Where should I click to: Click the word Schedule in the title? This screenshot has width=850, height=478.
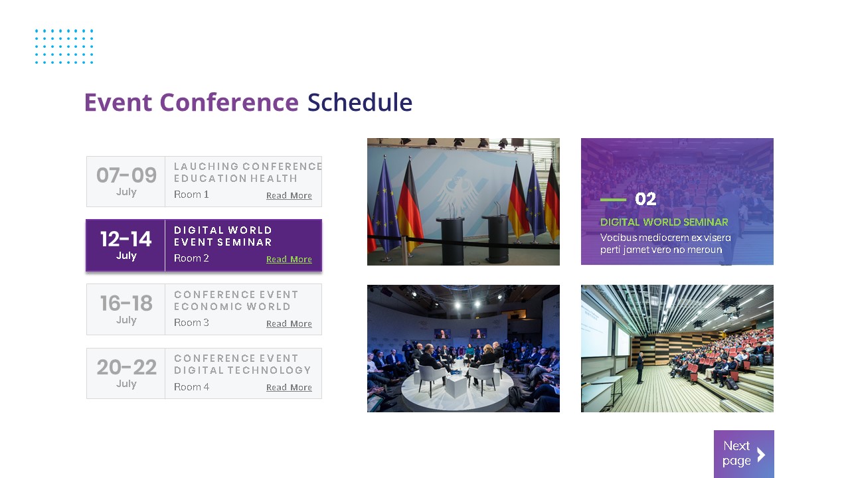point(359,103)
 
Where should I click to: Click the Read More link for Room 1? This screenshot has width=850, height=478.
point(289,195)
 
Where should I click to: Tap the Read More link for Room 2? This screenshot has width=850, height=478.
point(289,259)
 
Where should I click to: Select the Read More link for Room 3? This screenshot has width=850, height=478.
point(289,323)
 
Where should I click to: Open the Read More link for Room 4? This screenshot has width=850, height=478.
point(289,387)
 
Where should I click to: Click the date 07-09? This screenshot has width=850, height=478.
point(126,175)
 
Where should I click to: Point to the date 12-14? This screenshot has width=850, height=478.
point(126,239)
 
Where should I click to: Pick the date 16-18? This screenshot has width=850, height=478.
point(126,303)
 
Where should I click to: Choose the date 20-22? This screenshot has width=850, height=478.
point(126,367)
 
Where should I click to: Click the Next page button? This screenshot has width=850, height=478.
point(744,454)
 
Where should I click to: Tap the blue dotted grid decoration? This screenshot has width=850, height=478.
point(64,46)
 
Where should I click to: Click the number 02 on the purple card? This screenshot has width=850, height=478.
point(645,199)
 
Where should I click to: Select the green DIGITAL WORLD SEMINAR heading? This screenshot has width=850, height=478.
point(664,222)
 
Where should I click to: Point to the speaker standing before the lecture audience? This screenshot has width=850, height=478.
point(639,367)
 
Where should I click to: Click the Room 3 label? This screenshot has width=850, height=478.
point(191,323)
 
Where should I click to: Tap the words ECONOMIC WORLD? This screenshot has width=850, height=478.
point(232,307)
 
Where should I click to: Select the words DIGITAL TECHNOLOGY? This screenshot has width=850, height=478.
point(242,370)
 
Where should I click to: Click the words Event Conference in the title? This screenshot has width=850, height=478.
point(191,103)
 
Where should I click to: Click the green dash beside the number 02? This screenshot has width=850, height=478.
point(613,199)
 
